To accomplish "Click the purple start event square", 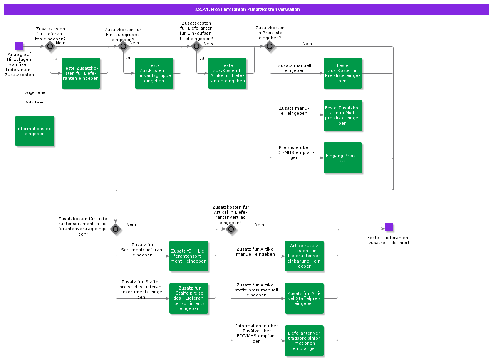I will coord(19,46).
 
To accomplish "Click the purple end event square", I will coord(389,227).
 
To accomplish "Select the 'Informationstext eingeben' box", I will coord(35,131).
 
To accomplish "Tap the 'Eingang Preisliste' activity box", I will coord(343,158).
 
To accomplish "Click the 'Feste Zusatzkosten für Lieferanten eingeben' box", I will coord(81,73).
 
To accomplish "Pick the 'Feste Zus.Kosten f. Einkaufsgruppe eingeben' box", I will coord(154,73).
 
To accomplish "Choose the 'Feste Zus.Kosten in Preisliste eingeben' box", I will coord(343,73).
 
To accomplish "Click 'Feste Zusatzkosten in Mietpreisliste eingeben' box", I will coord(343,116).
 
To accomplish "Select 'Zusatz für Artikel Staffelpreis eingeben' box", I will coord(304,298).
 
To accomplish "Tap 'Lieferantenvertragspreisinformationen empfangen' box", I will coord(304,341).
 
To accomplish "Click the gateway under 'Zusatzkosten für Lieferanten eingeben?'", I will coord(50,47).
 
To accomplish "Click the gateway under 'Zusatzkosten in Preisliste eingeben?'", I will coord(270,47).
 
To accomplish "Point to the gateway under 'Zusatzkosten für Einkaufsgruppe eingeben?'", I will coord(123,47).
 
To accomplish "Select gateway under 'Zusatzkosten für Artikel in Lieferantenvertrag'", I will coord(231,229).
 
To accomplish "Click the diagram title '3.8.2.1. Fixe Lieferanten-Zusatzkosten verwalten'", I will coord(246,10).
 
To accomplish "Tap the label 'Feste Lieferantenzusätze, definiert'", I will coord(388,240).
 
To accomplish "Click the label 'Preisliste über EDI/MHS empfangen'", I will coord(294,152).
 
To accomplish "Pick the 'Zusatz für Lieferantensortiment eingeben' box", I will coord(189,256).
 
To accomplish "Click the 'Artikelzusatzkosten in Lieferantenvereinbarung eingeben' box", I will coord(304,256).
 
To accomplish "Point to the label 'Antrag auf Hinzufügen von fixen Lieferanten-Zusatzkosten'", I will coord(19,65).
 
